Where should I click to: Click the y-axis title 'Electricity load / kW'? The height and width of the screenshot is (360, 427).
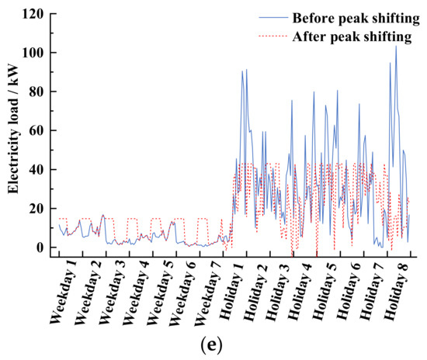point(13,131)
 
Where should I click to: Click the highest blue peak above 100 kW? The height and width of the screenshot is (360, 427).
point(395,46)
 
